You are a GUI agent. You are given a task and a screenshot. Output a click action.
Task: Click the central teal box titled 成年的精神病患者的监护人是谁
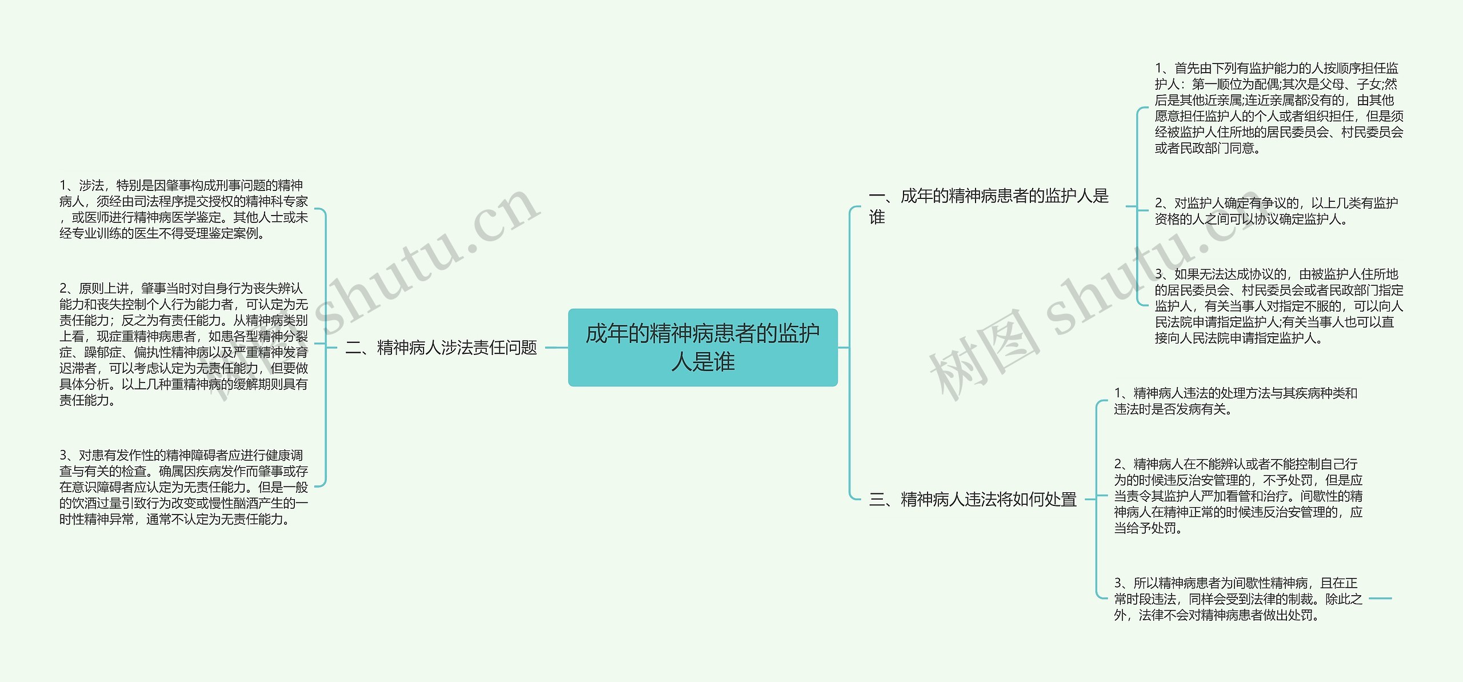(702, 347)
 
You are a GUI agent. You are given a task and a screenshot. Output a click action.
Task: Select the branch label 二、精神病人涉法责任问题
(441, 347)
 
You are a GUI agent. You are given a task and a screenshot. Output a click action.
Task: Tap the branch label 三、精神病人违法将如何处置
(972, 499)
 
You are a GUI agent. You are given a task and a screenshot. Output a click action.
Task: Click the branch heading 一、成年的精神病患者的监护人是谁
(988, 206)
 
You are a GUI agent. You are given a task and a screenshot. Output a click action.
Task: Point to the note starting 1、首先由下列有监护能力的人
(1278, 108)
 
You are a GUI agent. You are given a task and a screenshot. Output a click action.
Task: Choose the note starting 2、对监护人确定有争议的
(1276, 211)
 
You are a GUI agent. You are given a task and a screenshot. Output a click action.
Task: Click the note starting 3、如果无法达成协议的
(1278, 306)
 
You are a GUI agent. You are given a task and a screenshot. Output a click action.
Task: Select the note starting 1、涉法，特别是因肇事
(183, 209)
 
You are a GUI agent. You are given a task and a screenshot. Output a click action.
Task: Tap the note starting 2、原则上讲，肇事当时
(183, 344)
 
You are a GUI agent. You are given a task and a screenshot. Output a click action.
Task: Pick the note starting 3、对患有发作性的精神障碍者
(183, 486)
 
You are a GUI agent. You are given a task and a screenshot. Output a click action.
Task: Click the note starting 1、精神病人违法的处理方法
(1235, 401)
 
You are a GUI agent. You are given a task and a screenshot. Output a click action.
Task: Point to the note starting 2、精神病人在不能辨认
(1238, 496)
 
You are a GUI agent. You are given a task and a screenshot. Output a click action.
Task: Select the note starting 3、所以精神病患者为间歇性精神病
(1238, 599)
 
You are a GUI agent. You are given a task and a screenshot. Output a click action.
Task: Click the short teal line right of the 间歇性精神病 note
(1380, 599)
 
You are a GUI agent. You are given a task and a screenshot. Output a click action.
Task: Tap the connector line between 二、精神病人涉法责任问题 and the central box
(557, 347)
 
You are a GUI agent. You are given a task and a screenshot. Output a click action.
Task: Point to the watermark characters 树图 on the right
(983, 354)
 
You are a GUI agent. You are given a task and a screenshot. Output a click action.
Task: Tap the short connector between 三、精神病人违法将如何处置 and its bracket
(1089, 499)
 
